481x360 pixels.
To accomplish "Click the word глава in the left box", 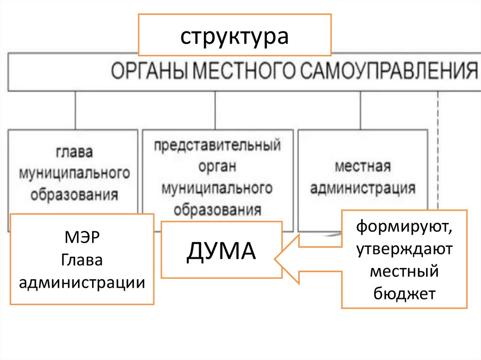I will pyautogui.click(x=74, y=153).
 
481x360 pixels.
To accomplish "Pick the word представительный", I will pyautogui.click(x=217, y=145).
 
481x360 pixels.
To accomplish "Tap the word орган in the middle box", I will pyautogui.click(x=217, y=167).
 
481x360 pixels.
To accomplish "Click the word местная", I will pyautogui.click(x=363, y=167).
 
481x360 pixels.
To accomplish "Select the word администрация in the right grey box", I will pyautogui.click(x=363, y=188).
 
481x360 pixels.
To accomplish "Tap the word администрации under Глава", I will pyautogui.click(x=82, y=283).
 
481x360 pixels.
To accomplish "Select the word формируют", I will pyautogui.click(x=404, y=228).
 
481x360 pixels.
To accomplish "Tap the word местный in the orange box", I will pyautogui.click(x=404, y=271).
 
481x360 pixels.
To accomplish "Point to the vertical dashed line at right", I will pyautogui.click(x=438, y=150).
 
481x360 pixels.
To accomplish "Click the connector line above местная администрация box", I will pyautogui.click(x=360, y=110).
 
